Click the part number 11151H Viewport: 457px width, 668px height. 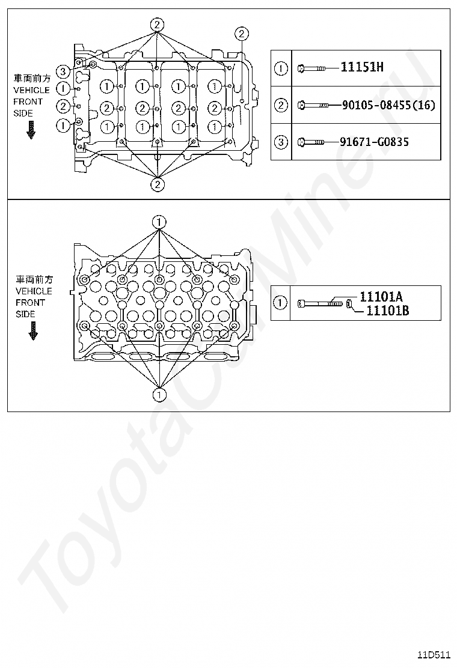tap(361, 67)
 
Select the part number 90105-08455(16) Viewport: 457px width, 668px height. tap(387, 105)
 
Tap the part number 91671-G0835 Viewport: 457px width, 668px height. tap(375, 142)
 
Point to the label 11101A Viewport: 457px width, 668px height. tap(381, 296)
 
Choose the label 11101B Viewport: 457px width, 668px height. tap(387, 310)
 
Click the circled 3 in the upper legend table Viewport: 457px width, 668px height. tap(281, 142)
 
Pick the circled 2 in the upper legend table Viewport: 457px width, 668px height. tap(281, 105)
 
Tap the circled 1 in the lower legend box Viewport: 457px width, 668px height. tap(281, 303)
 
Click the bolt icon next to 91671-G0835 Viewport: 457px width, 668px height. tap(311, 142)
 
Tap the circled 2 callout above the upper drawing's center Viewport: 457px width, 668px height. tap(156, 25)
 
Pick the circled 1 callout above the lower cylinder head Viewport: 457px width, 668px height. tap(159, 222)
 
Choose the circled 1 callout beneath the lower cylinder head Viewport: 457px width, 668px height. tap(159, 395)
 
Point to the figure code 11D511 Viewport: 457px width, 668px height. tap(434, 655)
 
